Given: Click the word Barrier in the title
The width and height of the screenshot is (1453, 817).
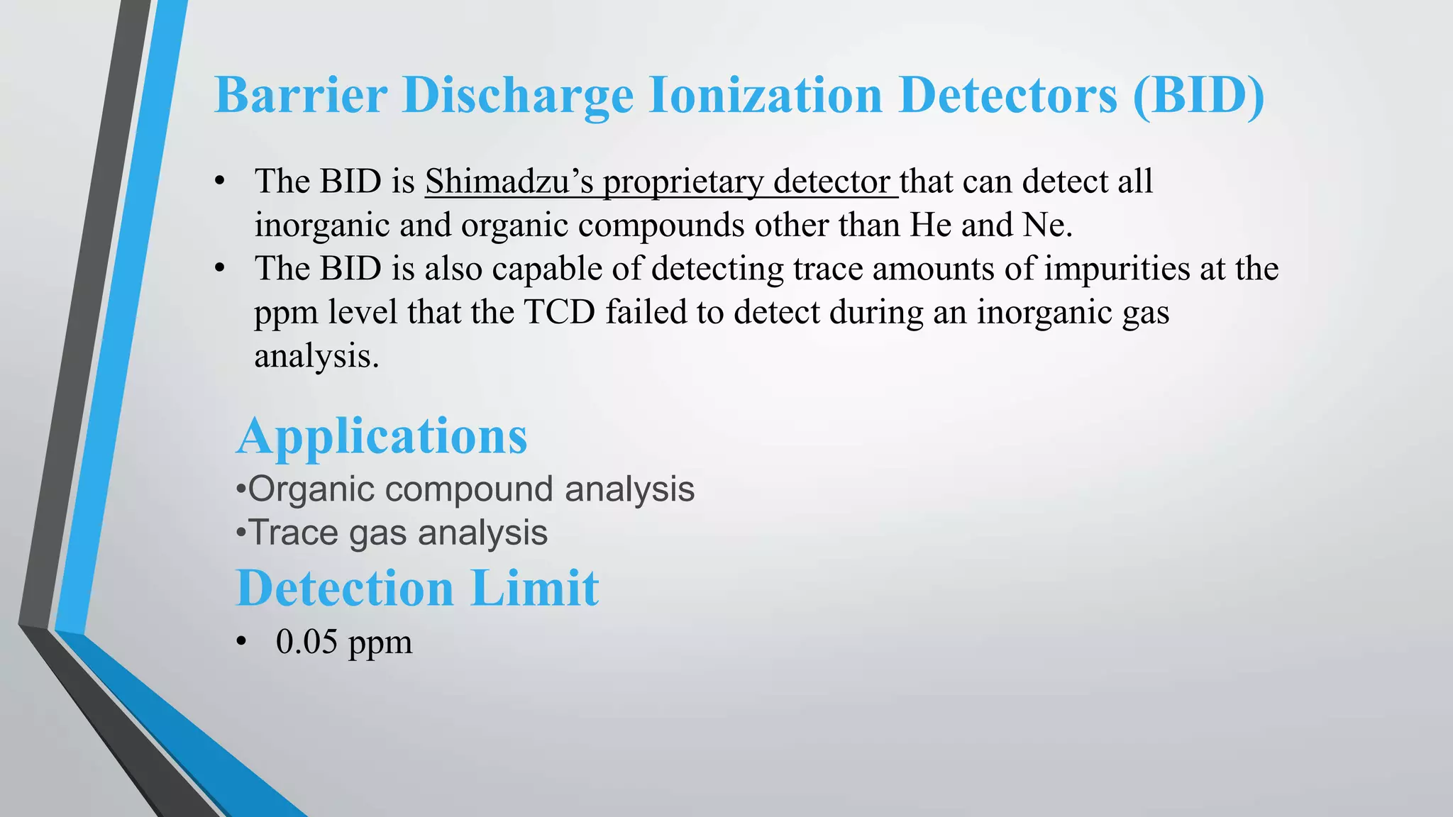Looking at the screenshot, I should [x=301, y=95].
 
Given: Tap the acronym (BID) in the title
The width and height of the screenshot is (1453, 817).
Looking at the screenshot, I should [x=1198, y=95].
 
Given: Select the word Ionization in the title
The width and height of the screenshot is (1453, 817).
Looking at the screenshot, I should [x=766, y=95].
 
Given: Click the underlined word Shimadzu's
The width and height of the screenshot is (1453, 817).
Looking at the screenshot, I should [x=509, y=182].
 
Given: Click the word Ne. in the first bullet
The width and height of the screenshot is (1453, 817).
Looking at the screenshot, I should [x=1048, y=226].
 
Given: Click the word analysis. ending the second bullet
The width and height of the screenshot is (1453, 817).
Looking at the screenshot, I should [x=316, y=357].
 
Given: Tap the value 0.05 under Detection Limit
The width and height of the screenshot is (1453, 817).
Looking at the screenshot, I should [x=306, y=642].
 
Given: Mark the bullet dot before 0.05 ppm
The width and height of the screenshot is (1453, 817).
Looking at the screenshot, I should [x=242, y=643].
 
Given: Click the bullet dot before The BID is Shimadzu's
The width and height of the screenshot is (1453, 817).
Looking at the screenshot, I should [x=221, y=182].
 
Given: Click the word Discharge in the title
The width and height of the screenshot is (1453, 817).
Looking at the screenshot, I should [x=517, y=95].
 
